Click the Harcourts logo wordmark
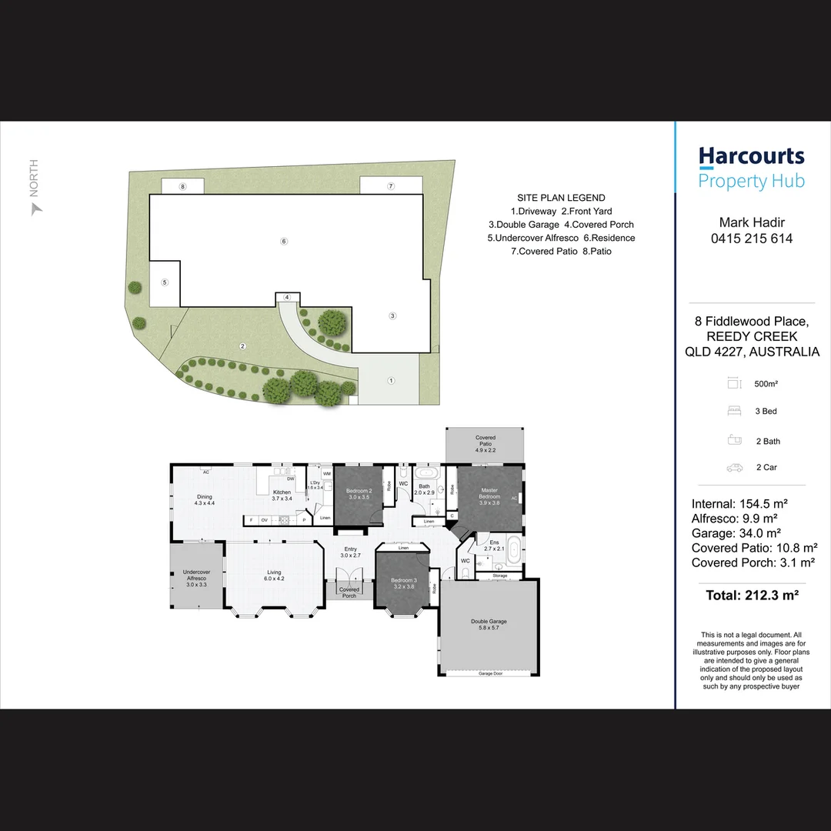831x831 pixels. click(751, 157)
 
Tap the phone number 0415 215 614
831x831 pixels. click(751, 239)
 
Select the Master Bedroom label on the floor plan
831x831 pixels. click(489, 493)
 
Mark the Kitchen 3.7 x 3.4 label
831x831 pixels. click(282, 495)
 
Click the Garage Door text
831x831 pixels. click(490, 673)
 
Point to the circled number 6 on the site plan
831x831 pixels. click(284, 242)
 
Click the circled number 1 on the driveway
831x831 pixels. click(391, 380)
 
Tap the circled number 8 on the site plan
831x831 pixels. click(182, 187)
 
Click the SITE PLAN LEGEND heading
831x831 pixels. click(561, 198)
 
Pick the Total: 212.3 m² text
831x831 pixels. click(751, 595)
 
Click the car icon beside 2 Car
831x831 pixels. click(734, 467)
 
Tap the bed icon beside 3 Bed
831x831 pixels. click(734, 412)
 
